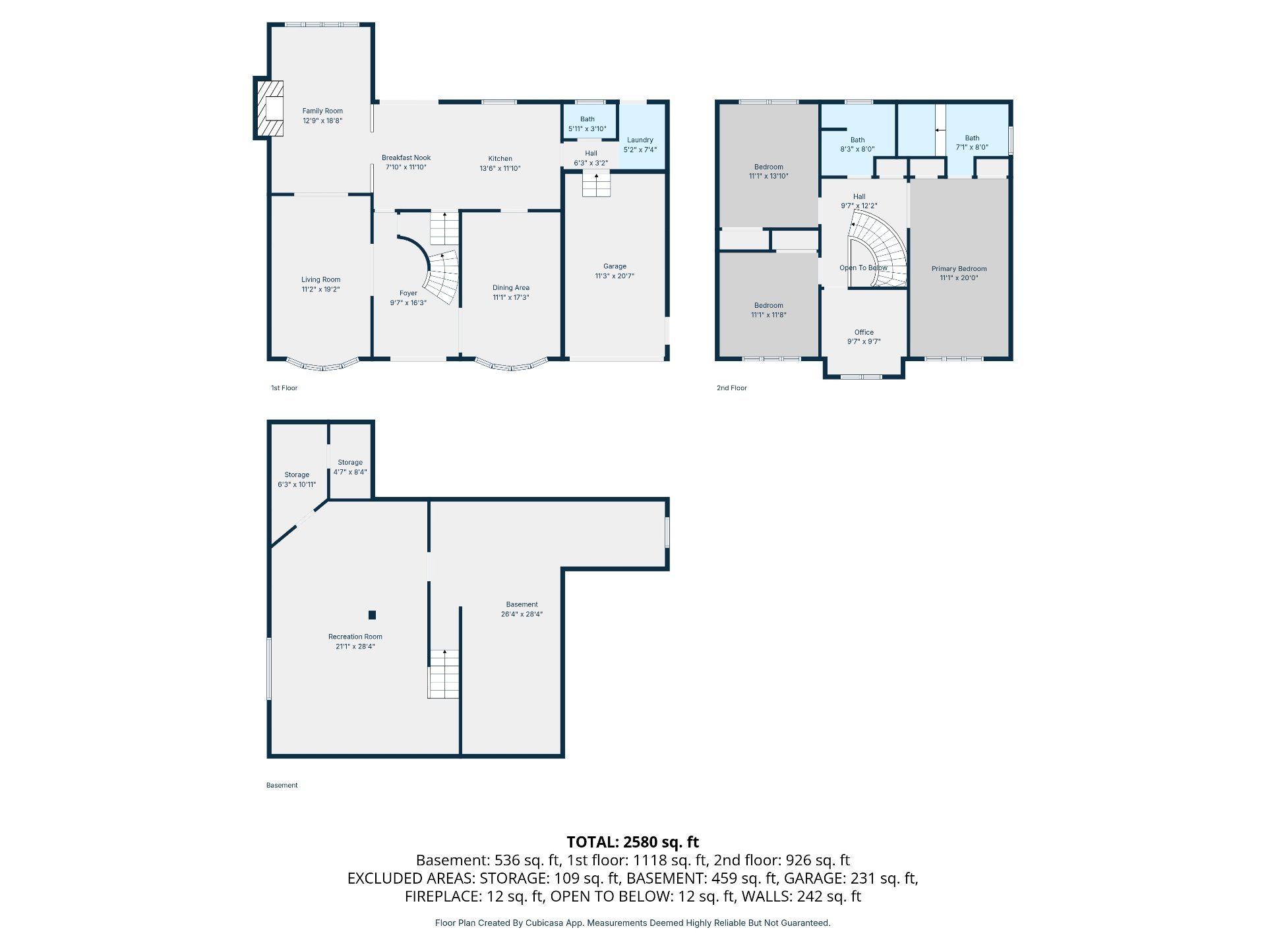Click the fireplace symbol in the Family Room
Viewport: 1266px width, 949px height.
tap(270, 109)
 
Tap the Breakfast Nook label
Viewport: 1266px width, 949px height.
tap(406, 158)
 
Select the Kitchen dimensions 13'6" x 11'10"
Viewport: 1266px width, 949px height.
tap(500, 169)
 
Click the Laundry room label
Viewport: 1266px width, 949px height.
tap(640, 140)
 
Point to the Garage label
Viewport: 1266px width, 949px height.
tap(615, 267)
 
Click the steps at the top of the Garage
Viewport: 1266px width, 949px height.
tap(596, 184)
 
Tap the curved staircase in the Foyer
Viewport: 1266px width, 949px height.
tap(440, 277)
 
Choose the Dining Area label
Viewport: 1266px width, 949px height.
tap(511, 288)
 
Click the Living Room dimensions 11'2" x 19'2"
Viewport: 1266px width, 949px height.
tap(321, 289)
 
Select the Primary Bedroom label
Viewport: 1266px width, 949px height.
tap(959, 269)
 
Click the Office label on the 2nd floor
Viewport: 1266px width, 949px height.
tap(864, 333)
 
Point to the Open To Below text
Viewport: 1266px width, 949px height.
tap(863, 268)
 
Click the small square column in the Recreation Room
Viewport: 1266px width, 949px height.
tap(372, 615)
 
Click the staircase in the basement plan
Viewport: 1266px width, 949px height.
tap(444, 674)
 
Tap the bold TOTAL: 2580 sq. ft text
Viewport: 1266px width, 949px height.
tap(633, 842)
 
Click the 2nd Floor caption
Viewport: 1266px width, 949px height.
tap(732, 388)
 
